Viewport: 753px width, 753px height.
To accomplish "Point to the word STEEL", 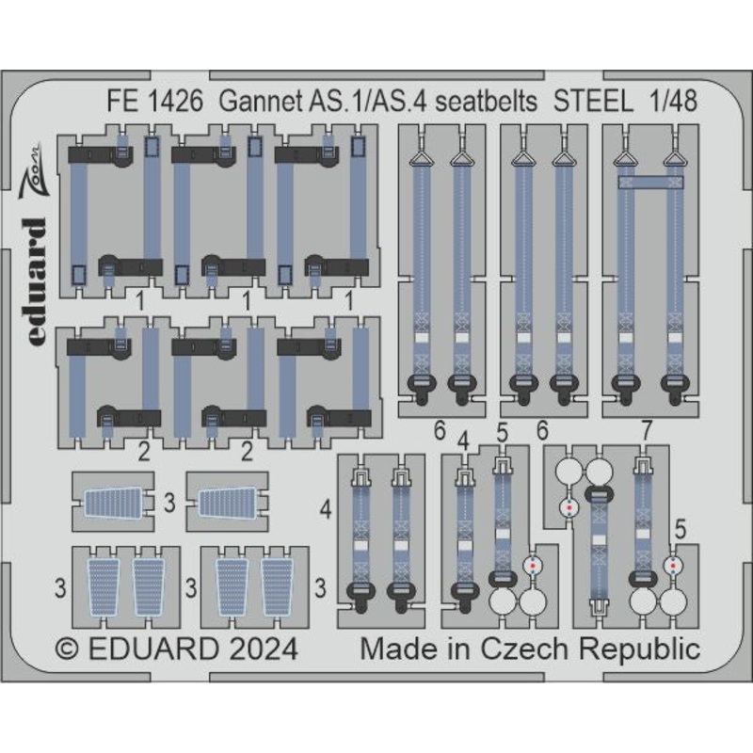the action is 594,102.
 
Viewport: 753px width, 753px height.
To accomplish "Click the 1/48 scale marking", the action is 673,102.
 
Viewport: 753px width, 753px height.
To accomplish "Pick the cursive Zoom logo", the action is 33,171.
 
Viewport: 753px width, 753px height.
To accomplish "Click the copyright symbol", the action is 67,649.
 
